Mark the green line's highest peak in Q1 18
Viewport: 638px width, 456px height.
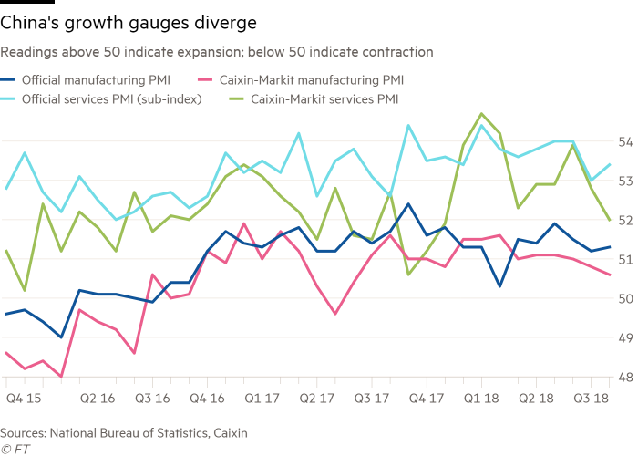tap(481, 114)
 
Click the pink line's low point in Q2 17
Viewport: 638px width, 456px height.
tap(334, 315)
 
